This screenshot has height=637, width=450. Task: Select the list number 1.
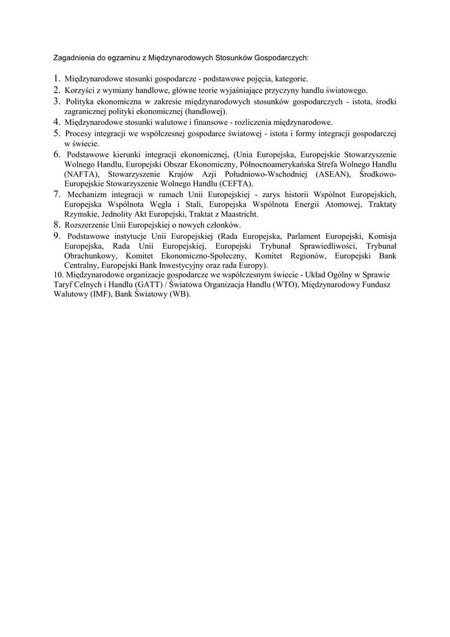(x=57, y=79)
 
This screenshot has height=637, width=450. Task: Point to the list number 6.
(x=57, y=154)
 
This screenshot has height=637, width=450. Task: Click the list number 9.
(x=57, y=236)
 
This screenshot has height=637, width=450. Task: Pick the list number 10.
(x=58, y=275)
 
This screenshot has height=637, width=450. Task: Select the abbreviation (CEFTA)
(x=232, y=184)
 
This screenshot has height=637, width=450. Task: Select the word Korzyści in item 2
(x=80, y=90)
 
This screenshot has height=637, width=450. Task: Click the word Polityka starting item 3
(x=81, y=101)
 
